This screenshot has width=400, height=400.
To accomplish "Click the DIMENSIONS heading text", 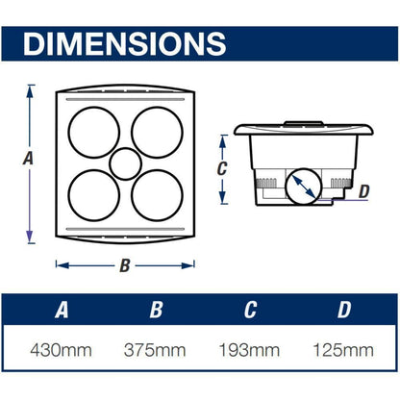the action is (125, 43).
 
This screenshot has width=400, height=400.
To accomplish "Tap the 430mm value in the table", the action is (61, 350).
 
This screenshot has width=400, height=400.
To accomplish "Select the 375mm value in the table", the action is (155, 350).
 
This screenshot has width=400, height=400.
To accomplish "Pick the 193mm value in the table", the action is (249, 350).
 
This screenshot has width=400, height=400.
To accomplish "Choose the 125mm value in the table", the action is (343, 350).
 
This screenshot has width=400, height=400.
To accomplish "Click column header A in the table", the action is (62, 310).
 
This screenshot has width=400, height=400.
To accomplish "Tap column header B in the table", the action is (156, 310).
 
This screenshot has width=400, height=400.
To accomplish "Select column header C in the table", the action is (250, 310).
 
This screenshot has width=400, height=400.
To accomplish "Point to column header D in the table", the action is (344, 310).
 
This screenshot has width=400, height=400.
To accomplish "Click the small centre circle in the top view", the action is (125, 148).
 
